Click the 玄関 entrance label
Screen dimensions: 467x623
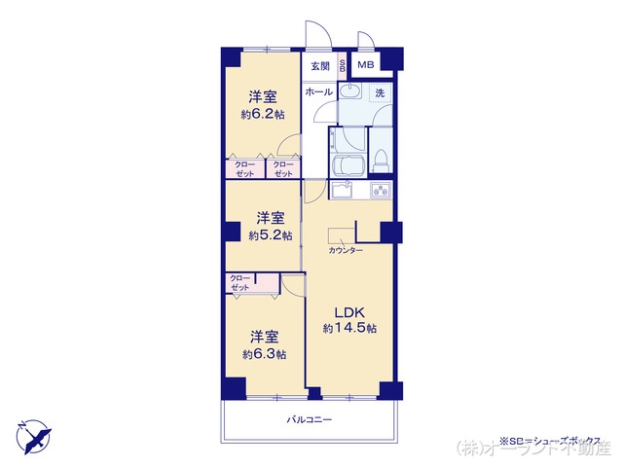320,66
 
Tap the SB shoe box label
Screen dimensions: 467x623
342,66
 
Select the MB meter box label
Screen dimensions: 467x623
364,65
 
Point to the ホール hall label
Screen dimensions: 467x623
318,91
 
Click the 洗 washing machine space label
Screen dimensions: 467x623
381,92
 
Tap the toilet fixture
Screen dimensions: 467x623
383,159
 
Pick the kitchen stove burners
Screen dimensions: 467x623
381,191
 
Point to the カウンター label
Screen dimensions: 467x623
345,251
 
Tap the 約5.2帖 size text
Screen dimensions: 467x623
270,235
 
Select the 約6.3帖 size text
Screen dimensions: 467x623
264,355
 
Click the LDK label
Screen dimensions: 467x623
349,312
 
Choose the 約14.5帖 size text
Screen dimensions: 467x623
348,329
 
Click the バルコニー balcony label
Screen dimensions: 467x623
310,420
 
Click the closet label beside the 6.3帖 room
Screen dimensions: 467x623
240,283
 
